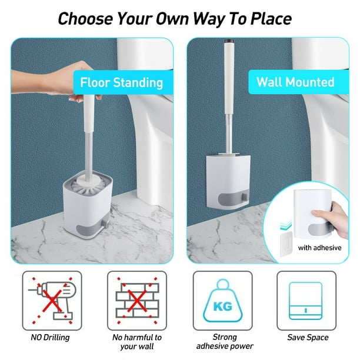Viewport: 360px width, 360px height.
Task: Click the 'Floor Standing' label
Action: click(121, 83)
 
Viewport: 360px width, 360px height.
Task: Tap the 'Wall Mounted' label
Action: click(295, 82)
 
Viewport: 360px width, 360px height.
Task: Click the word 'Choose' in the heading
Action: click(85, 19)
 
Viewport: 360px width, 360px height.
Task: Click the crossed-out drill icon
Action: click(52, 301)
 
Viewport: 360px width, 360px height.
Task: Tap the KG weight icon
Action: click(222, 301)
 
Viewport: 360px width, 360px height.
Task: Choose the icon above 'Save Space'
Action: click(305, 301)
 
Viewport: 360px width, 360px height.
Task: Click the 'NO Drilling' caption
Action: click(50, 337)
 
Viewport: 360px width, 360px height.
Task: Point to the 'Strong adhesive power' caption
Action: click(225, 342)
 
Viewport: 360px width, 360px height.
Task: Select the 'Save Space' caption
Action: click(308, 337)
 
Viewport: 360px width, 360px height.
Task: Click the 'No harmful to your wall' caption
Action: click(137, 342)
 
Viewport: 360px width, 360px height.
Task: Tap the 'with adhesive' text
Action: click(319, 248)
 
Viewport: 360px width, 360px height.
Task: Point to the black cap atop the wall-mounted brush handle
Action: click(229, 41)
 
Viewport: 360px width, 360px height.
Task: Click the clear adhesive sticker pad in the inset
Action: click(286, 244)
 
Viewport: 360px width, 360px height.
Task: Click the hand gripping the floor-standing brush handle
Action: click(55, 81)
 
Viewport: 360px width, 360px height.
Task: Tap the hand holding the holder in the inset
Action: click(334, 218)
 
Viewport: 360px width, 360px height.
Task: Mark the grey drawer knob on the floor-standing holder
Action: click(105, 223)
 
